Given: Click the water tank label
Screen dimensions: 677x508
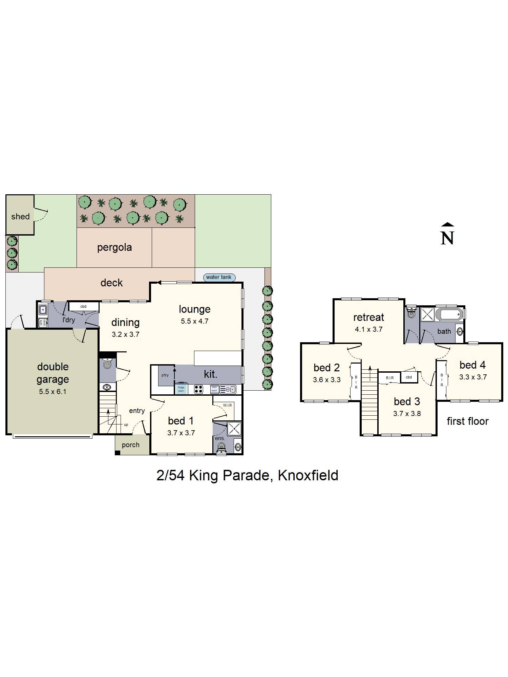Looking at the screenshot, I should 218,277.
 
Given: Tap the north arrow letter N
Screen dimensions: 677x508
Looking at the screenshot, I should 447,238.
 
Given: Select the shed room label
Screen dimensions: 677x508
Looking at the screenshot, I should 20,217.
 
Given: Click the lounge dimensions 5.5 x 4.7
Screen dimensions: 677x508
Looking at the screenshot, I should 194,321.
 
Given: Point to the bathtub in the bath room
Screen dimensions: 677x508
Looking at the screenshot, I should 449,314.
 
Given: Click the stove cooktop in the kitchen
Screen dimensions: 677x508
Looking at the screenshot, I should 198,389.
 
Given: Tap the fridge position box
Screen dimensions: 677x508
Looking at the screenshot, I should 181,389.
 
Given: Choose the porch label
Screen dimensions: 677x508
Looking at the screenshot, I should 130,445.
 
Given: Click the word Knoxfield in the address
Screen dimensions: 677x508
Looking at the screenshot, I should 308,476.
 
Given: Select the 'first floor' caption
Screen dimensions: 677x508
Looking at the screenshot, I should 467,421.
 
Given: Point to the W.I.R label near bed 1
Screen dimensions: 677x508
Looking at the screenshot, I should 227,405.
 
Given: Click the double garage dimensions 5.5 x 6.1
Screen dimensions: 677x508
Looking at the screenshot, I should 52,392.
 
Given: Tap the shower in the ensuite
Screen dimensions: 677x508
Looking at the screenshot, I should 234,429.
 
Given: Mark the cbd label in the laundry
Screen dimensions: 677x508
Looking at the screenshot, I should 83,306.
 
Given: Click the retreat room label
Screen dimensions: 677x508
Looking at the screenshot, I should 368,318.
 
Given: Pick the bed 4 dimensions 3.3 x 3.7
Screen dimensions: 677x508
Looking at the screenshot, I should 473,377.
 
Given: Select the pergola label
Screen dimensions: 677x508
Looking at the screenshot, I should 114,247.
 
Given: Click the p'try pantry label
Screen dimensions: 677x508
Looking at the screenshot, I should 165,375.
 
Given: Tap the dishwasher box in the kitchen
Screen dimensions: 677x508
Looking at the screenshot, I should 214,389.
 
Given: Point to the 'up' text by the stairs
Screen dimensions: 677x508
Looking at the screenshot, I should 126,424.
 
